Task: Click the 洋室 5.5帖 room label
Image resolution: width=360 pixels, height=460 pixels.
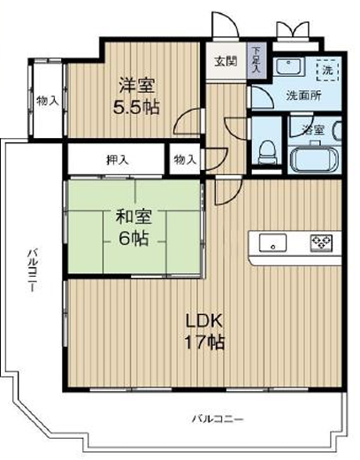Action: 136,96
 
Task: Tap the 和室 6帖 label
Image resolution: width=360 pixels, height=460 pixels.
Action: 134,227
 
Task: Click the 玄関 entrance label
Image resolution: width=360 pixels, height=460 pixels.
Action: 226,62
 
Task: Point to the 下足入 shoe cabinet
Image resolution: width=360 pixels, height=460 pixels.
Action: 257,62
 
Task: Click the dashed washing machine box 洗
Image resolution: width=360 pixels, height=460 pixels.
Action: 327,70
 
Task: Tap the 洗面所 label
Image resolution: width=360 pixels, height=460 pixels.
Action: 304,96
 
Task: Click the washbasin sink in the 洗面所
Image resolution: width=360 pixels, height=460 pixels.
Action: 288,67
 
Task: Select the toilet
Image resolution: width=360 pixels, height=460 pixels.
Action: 267,152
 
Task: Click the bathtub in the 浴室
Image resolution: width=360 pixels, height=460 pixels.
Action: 314,159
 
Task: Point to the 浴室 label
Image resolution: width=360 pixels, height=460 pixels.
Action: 314,130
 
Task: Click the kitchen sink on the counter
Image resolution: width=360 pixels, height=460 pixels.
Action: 272,242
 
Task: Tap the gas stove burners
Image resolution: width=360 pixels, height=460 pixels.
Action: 321,243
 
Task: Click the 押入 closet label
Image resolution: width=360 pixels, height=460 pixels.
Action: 118,160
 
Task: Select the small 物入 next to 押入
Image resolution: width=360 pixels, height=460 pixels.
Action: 185,160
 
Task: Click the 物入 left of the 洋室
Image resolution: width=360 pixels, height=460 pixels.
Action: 48,101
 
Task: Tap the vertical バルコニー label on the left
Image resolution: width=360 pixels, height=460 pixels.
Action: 33,271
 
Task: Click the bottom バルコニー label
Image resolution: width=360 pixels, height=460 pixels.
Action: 218,418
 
